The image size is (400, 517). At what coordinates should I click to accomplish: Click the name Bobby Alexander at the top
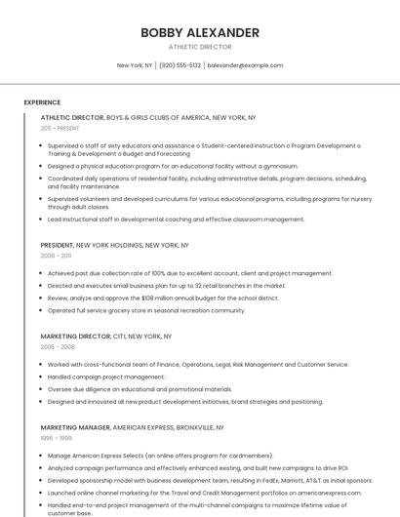click(x=200, y=32)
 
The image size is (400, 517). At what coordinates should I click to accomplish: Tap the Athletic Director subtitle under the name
click(x=200, y=46)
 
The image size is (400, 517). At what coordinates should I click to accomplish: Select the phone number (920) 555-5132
click(x=180, y=65)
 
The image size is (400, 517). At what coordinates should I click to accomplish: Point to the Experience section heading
click(x=42, y=101)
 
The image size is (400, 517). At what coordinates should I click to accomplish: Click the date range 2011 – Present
click(x=60, y=128)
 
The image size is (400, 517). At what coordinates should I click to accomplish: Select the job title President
click(x=57, y=245)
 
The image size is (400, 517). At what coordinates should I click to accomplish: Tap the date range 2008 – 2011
click(x=56, y=256)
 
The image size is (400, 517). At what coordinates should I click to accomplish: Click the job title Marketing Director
click(x=75, y=336)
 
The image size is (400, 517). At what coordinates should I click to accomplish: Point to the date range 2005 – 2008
click(x=58, y=346)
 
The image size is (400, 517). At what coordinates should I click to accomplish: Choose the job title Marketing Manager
click(x=75, y=427)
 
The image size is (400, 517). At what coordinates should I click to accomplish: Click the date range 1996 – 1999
click(x=56, y=438)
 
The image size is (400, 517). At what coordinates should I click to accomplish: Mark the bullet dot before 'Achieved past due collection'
click(x=42, y=273)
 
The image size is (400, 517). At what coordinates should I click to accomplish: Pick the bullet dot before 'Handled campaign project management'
click(x=42, y=377)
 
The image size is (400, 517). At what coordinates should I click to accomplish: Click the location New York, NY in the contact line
click(x=135, y=65)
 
